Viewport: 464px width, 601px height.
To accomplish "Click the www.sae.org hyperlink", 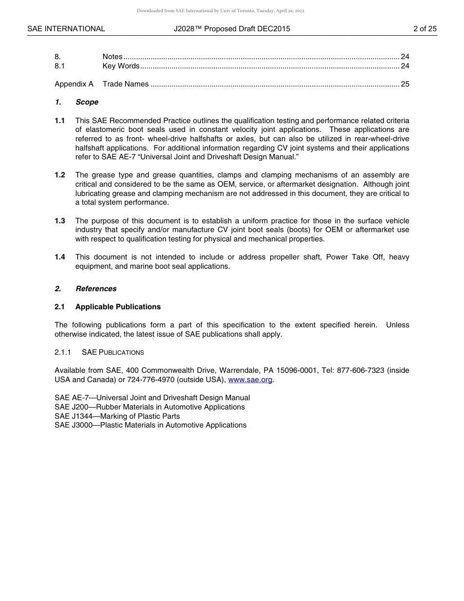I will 250,380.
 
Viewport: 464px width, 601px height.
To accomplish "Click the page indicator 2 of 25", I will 424,29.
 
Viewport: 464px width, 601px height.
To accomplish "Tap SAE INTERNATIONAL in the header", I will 66,29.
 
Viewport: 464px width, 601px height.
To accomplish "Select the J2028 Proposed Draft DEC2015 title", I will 232,29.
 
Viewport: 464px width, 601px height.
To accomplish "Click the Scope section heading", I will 86,102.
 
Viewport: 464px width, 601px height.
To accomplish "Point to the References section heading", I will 96,289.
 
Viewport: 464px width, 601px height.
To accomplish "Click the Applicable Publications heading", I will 118,307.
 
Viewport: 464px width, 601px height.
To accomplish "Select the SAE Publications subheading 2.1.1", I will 112,352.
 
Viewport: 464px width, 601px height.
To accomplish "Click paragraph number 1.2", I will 60,175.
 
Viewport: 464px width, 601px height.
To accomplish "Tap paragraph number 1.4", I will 60,257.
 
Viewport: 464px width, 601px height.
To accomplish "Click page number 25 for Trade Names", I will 405,84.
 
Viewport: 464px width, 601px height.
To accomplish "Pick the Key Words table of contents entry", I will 121,66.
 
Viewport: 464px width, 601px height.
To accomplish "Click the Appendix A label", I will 74,84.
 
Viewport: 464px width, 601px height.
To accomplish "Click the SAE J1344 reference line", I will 117,416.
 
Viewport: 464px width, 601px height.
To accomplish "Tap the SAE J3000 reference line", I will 150,425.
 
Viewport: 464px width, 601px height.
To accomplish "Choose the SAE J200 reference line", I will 149,407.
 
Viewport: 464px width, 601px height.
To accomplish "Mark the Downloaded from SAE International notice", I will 220,11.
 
